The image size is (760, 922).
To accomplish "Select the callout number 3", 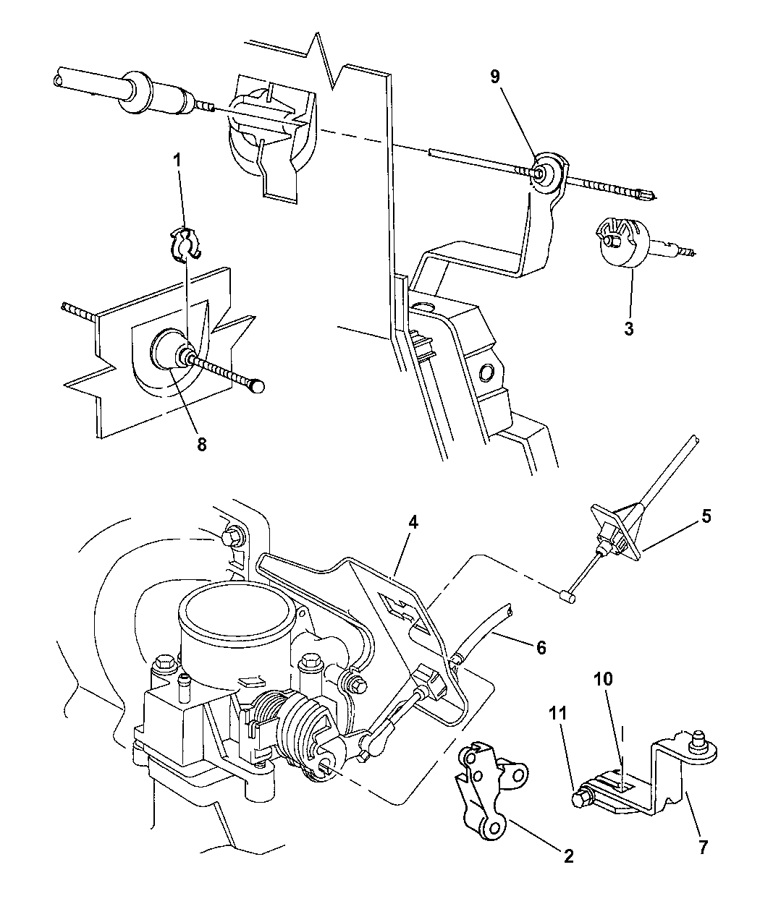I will [x=628, y=328].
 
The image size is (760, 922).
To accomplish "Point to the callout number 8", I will [x=201, y=444].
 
